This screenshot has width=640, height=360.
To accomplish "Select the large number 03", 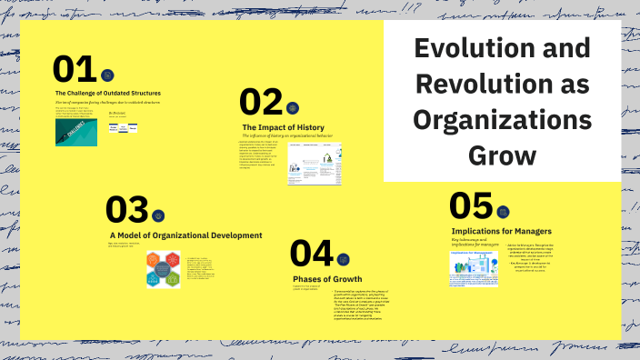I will [126, 210].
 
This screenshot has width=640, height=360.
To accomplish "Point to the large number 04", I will [312, 255].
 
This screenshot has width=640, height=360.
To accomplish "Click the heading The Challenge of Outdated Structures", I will [108, 93].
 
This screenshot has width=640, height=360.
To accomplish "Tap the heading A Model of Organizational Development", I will [185, 235].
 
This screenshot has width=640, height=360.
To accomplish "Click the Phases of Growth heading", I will [327, 278].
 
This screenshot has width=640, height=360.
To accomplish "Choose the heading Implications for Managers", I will [501, 231].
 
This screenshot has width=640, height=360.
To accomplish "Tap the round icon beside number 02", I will [293, 107].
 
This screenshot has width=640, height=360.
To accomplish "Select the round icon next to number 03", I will [158, 215].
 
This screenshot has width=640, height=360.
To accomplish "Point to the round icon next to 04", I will [343, 259].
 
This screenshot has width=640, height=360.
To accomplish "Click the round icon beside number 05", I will [503, 212].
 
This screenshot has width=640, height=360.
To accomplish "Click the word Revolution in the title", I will [502, 85].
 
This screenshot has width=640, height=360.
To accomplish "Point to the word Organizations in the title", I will [502, 120].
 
